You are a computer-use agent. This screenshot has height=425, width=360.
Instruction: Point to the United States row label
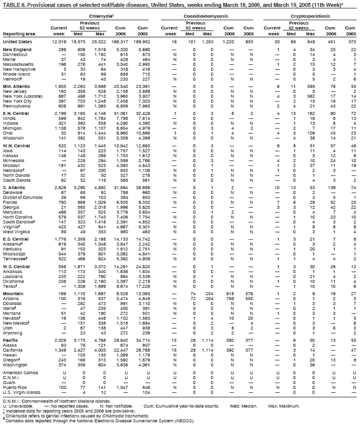17,42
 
